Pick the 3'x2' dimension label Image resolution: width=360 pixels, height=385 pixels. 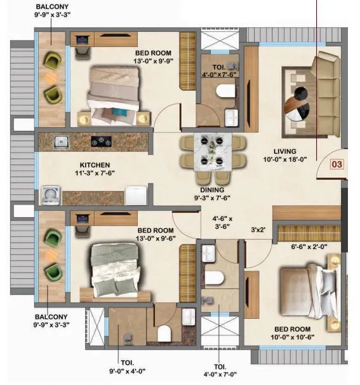pos(257,230)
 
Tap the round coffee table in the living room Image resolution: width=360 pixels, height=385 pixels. pos(298,103)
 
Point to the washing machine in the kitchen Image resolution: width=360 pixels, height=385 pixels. pos(51,194)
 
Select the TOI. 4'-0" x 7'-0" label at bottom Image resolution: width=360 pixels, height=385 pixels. pos(220,370)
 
